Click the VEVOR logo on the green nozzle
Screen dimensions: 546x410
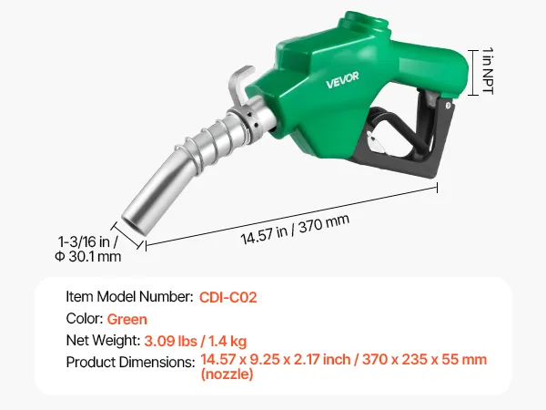pyautogui.click(x=342, y=80)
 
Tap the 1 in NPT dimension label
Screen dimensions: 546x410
pyautogui.click(x=488, y=71)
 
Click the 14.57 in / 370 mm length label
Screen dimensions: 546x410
pyautogui.click(x=295, y=229)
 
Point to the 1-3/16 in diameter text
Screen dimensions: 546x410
pyautogui.click(x=87, y=241)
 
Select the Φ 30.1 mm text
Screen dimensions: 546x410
pyautogui.click(x=88, y=257)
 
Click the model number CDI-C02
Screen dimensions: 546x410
pyautogui.click(x=228, y=297)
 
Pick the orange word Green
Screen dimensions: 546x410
pyautogui.click(x=127, y=320)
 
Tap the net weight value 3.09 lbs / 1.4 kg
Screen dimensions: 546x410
pyautogui.click(x=196, y=341)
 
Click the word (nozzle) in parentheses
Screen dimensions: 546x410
pyautogui.click(x=227, y=374)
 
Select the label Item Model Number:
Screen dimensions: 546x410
pyautogui.click(x=129, y=297)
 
